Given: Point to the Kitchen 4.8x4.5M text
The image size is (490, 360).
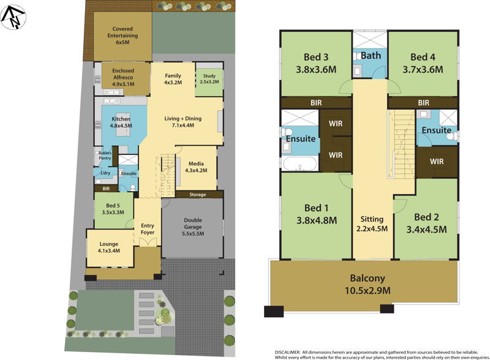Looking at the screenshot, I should pos(121,122).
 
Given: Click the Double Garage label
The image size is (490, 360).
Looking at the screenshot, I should pos(192,227).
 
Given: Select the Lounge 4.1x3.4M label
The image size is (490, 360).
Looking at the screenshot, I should pos(108,246).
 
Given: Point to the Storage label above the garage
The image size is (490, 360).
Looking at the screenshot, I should pos(198,195).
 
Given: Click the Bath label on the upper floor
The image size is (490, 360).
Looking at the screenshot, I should pos(371,56).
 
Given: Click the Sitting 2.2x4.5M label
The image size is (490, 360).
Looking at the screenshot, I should pos(372,224).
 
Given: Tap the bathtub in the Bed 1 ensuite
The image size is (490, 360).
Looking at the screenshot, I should pos(300,163).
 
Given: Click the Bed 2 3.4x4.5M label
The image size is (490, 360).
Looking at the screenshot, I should pos(426,223).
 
